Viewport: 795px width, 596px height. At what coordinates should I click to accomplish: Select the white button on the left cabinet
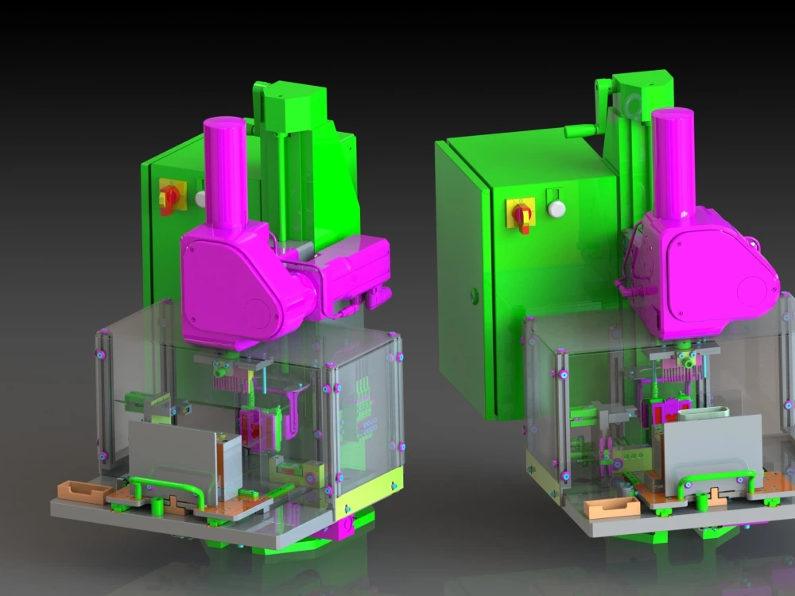pyautogui.click(x=200, y=198)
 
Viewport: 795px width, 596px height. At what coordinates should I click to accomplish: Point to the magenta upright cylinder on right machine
pyautogui.click(x=673, y=162)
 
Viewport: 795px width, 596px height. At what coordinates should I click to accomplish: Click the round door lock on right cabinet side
pyautogui.click(x=475, y=294)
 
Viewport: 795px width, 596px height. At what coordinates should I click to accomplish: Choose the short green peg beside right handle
pyautogui.click(x=702, y=501)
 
